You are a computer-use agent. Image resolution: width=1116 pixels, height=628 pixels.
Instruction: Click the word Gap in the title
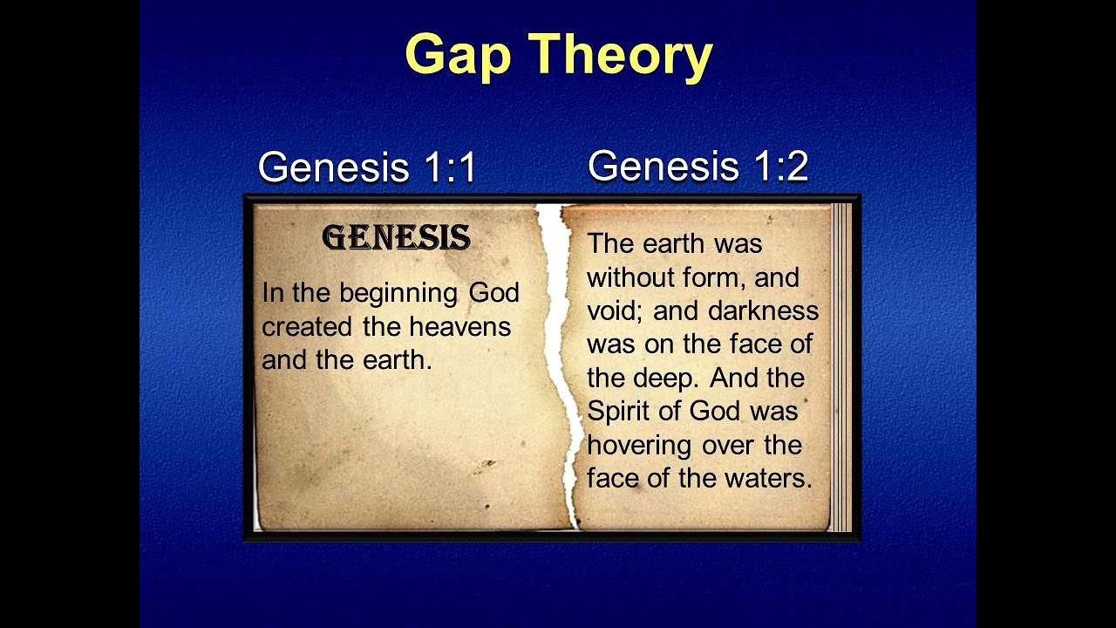(459, 55)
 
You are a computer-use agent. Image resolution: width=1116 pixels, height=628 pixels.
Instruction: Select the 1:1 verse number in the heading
(451, 167)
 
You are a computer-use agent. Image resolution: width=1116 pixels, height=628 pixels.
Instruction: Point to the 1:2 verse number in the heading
(781, 165)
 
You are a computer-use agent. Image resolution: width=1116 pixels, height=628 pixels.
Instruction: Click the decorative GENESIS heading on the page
(397, 237)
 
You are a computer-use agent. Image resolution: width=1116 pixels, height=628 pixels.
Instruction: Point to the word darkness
(763, 311)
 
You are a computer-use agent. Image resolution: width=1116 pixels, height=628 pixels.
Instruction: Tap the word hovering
(639, 445)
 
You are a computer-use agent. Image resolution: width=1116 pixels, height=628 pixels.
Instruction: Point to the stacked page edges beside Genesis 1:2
(841, 366)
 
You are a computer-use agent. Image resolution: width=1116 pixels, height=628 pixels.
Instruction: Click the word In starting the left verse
(273, 293)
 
